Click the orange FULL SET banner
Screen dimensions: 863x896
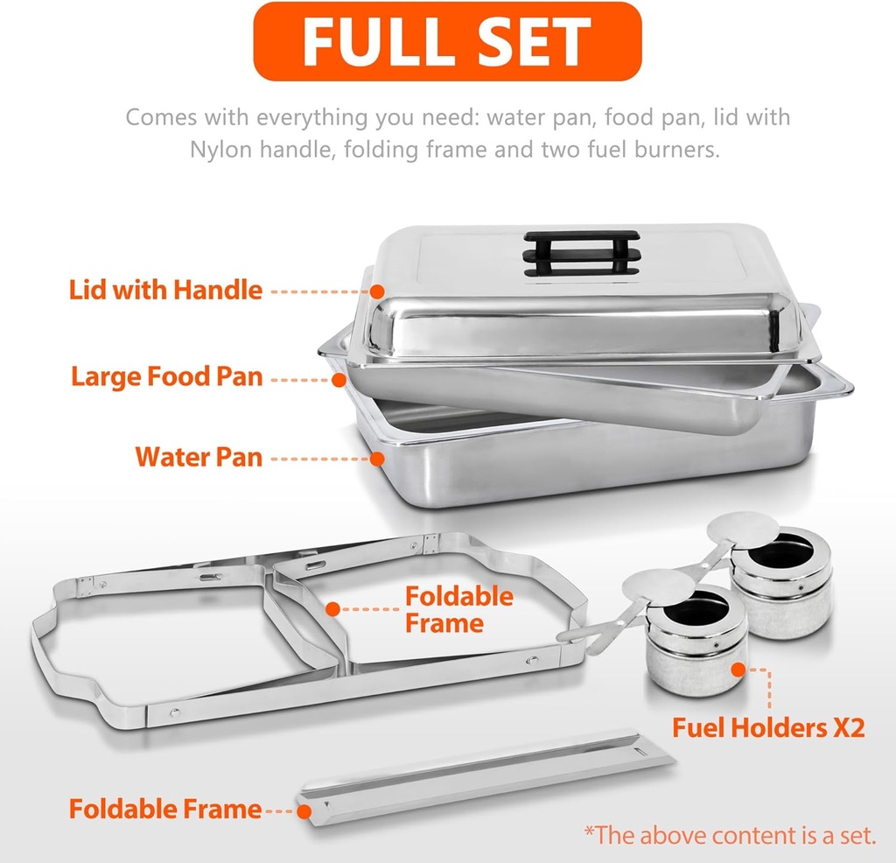(447, 41)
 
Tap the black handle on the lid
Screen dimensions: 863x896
(580, 253)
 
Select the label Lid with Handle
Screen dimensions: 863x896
(165, 290)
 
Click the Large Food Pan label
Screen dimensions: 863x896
(166, 377)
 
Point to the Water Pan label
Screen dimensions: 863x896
(199, 456)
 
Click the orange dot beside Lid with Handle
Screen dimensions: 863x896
(377, 290)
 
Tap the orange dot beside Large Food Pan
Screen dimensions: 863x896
(339, 378)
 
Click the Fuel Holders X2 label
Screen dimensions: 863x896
(768, 726)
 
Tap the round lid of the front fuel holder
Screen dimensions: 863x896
(658, 587)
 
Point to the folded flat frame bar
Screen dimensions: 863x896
(486, 775)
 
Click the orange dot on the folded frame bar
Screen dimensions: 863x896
(304, 810)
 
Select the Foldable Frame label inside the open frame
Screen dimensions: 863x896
(458, 610)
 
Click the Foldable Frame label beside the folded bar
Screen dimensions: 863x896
(165, 809)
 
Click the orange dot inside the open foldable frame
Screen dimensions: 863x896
(332, 607)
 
